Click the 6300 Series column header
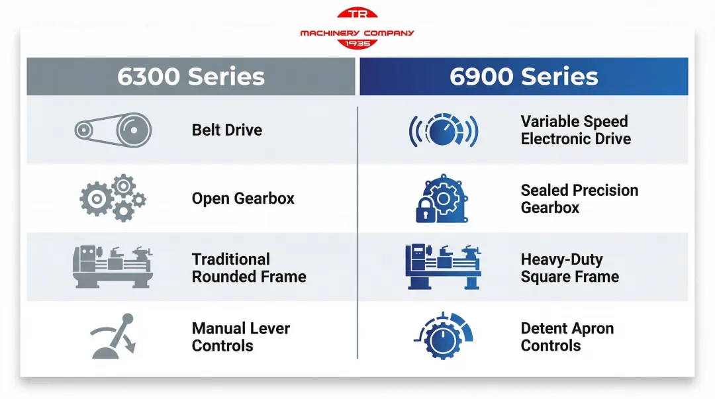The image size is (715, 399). (x=191, y=77)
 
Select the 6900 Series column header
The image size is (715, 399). (x=524, y=77)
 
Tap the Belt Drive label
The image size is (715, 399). (x=227, y=130)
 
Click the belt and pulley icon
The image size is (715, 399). (x=113, y=130)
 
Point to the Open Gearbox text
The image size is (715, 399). (x=243, y=199)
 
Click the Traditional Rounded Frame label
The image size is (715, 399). (x=249, y=268)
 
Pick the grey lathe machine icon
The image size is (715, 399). (x=113, y=267)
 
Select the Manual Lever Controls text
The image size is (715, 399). (x=241, y=337)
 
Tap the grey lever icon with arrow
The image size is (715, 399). (x=113, y=337)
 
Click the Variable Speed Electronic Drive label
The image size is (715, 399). (x=575, y=130)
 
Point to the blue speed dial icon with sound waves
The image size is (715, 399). (x=443, y=130)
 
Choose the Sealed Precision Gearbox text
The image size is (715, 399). (x=579, y=199)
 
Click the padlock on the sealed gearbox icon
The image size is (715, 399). (x=424, y=213)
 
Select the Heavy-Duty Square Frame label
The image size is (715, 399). (x=569, y=268)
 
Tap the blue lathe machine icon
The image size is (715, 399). (x=443, y=267)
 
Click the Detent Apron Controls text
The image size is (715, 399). (x=567, y=337)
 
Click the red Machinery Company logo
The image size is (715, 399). (x=357, y=29)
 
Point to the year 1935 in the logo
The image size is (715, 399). (x=358, y=43)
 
